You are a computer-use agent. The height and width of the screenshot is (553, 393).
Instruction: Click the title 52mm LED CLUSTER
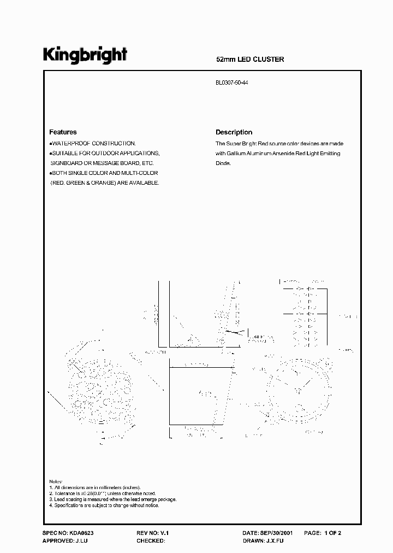(x=251, y=59)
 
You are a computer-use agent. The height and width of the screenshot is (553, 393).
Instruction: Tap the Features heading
(x=63, y=132)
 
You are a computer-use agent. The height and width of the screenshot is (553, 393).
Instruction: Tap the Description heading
(x=234, y=132)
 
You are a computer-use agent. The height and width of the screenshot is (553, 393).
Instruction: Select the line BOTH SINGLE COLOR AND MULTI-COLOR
(x=97, y=173)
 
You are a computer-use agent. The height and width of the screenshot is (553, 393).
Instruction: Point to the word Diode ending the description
(x=223, y=163)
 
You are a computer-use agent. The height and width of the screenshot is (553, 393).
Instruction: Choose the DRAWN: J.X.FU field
(x=263, y=540)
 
